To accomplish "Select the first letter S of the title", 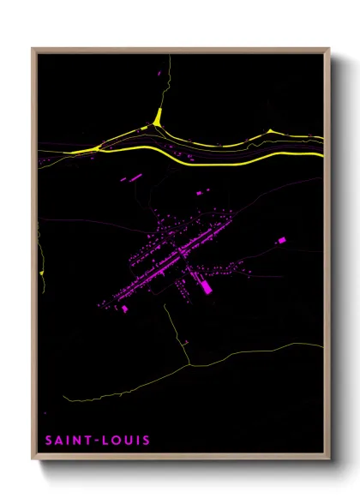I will (48, 442).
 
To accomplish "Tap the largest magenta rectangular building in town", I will (205, 286).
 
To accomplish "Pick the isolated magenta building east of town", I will (279, 242).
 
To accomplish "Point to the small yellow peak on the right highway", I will (271, 130).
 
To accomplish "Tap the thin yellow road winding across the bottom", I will (249, 355).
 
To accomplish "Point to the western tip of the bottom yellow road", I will (69, 400).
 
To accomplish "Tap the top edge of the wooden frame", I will (180, 50).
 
